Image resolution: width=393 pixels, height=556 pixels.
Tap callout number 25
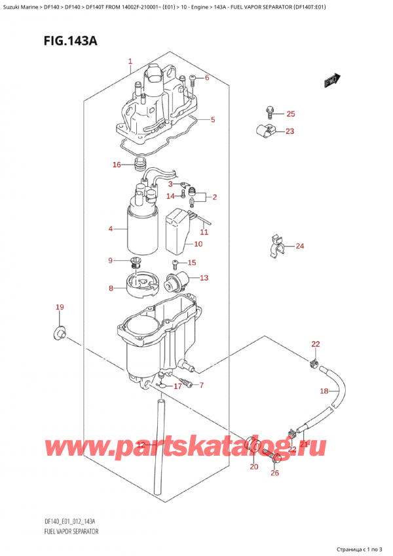point(291,114)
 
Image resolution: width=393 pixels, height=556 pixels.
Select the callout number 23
point(290,131)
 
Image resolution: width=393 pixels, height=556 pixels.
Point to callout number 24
point(300,247)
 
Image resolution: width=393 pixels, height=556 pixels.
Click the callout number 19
point(60,307)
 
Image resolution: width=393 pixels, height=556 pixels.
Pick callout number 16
point(116,165)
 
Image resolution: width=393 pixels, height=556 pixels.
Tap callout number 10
point(198,245)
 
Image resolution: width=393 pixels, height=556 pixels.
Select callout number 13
point(204,278)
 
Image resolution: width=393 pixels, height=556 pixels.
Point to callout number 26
point(274,473)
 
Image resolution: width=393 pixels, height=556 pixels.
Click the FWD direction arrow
point(331,81)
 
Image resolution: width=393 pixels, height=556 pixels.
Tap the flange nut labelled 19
point(58,334)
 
